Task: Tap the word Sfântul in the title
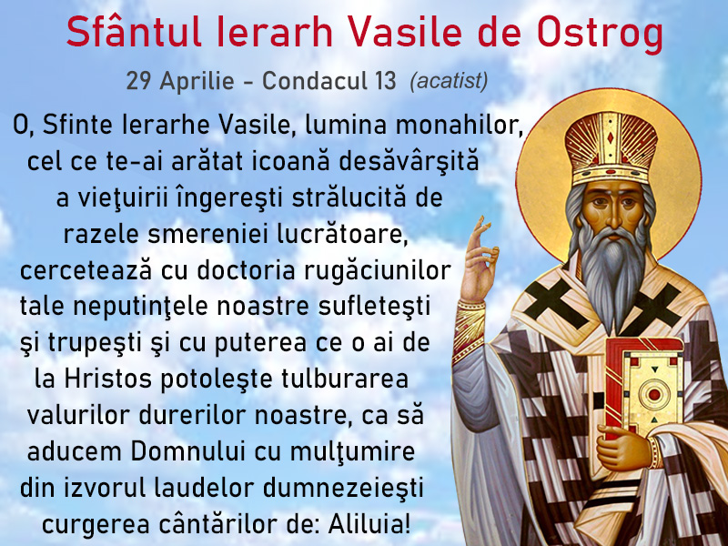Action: tap(134, 32)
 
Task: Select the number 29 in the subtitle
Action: tap(138, 81)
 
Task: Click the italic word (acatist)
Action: tap(449, 82)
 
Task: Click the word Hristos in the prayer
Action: tap(107, 379)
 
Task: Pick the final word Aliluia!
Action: tap(369, 524)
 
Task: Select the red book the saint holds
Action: tap(643, 388)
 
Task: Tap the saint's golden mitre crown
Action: tap(611, 148)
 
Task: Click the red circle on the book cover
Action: tap(654, 395)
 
